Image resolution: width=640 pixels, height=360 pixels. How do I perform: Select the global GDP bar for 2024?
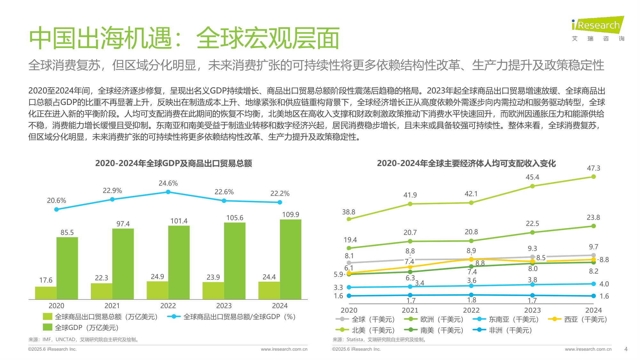[x=290, y=259]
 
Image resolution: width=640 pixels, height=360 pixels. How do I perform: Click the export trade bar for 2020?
[x=46, y=293]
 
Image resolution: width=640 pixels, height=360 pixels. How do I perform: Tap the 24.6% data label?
[x=168, y=183]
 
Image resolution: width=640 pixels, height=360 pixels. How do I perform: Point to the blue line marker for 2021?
[x=112, y=199]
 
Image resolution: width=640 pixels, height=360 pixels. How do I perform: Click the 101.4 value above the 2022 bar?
[x=179, y=221]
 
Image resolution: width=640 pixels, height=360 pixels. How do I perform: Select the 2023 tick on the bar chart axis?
[x=224, y=306]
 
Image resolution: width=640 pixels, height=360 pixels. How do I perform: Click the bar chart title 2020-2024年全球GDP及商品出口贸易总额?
[x=173, y=164]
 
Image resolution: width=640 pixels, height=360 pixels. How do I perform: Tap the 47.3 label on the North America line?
[x=593, y=168]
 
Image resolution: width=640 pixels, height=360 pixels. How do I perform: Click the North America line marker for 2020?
[x=349, y=219]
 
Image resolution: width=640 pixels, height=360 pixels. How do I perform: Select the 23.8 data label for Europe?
[x=593, y=218]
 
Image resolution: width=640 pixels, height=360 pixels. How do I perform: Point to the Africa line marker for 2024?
[x=594, y=296]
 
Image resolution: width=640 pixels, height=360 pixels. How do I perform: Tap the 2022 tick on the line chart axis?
[x=471, y=310]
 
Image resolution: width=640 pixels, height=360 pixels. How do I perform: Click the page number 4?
[x=626, y=349]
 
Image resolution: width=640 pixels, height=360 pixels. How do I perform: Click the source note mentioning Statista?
[x=380, y=340]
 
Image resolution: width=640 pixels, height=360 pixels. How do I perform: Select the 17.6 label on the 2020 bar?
[x=46, y=280]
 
